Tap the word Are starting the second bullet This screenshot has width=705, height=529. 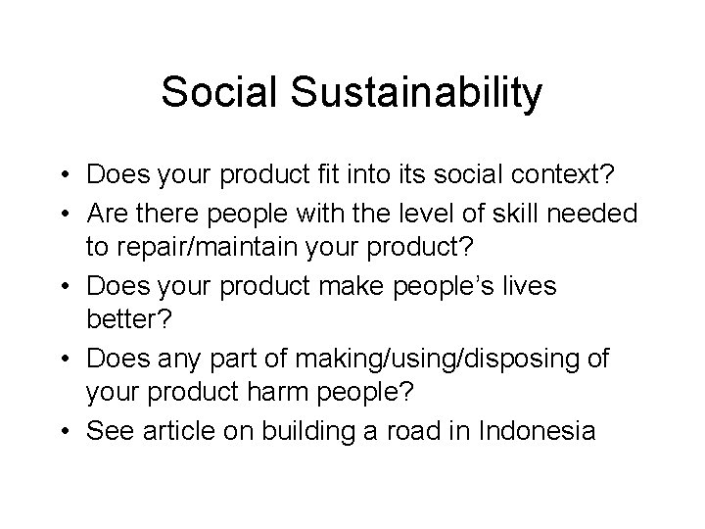coord(107,212)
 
